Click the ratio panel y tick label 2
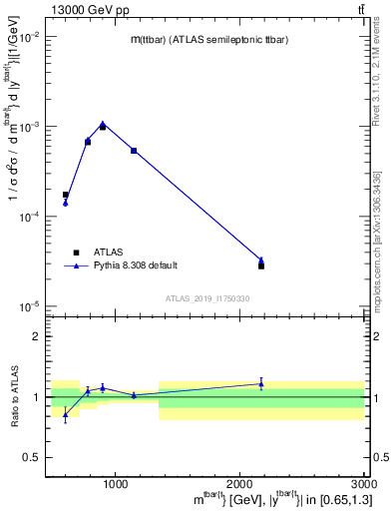point(35,336)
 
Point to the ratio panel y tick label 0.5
point(32,457)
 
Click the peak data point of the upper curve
point(103,124)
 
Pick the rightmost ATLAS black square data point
point(261,266)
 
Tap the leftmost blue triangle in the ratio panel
point(66,414)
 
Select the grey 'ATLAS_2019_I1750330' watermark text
point(206,298)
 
